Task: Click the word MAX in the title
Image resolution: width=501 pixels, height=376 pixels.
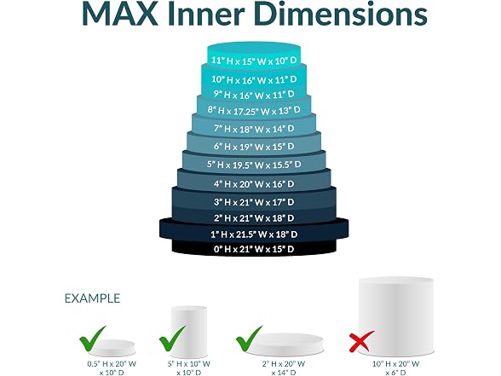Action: (x=120, y=14)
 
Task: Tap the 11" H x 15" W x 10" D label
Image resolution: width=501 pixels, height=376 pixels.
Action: (x=254, y=61)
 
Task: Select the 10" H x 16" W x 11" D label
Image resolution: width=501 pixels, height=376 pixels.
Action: (x=254, y=79)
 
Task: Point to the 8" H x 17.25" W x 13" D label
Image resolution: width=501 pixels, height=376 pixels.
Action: (x=254, y=110)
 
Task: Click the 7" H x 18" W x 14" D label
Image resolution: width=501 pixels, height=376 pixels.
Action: (x=254, y=129)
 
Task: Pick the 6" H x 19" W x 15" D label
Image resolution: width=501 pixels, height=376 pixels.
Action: (x=254, y=147)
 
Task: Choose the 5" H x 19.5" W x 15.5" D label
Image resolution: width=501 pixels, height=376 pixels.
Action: (x=254, y=165)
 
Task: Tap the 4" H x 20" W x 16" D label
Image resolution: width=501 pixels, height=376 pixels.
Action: (x=254, y=184)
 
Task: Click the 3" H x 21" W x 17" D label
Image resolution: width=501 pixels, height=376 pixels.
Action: (x=254, y=202)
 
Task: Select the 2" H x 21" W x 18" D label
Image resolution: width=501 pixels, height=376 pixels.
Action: (x=254, y=218)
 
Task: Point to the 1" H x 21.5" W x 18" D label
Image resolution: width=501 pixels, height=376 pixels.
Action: (x=254, y=234)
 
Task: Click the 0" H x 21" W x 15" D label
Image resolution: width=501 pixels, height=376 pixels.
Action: (x=254, y=249)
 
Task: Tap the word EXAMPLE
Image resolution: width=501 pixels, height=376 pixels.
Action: (x=92, y=298)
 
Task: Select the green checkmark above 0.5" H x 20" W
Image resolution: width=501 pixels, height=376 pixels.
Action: (x=93, y=339)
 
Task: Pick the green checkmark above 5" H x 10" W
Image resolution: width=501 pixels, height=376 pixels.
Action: (x=172, y=339)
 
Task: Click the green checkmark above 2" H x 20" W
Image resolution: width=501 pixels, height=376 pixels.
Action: (x=249, y=339)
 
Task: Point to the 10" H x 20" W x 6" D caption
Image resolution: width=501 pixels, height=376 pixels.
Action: (x=396, y=368)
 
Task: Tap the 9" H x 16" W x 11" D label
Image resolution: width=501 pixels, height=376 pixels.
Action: (x=254, y=95)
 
